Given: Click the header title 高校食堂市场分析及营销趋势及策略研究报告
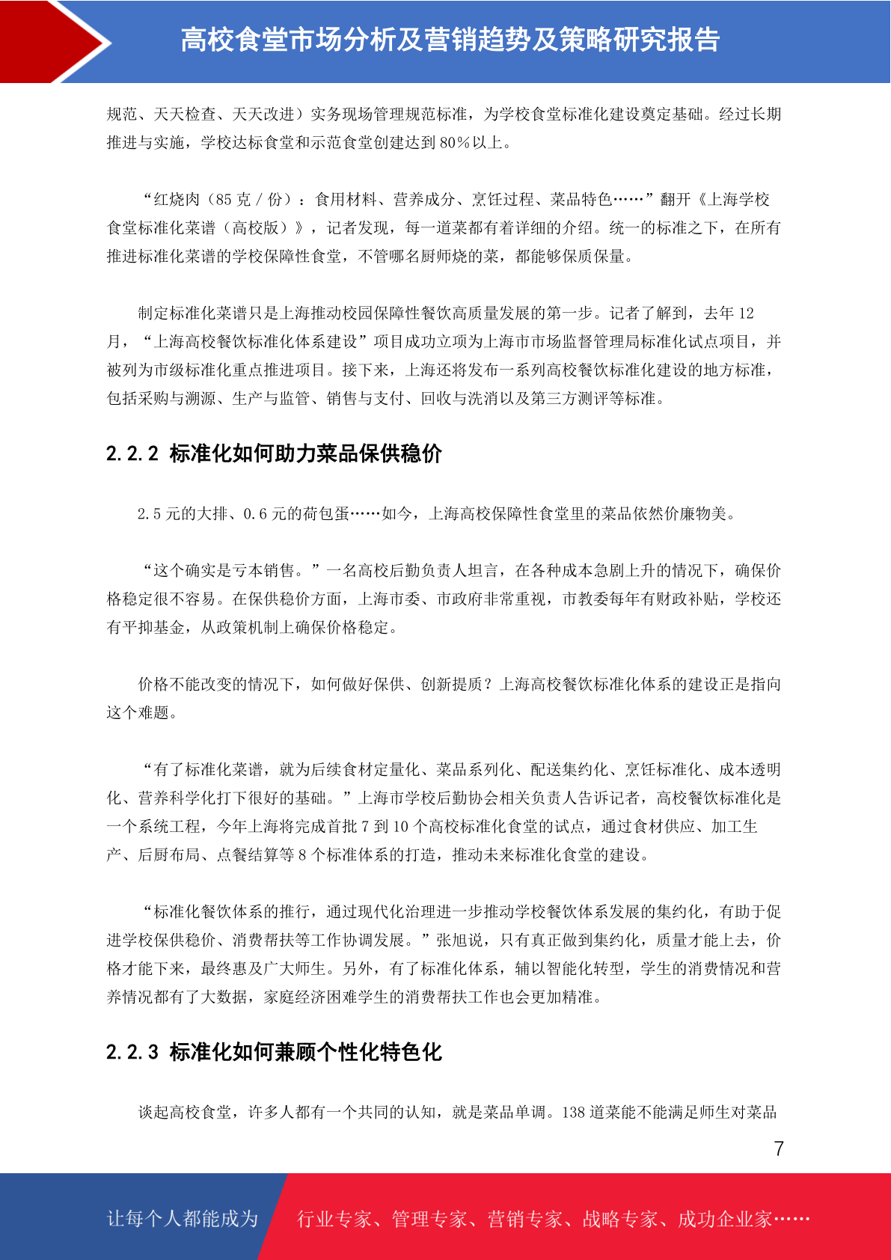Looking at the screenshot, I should point(450,40).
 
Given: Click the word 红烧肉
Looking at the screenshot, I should point(177,200).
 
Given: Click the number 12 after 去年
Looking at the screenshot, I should point(746,314).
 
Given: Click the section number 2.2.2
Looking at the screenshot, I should point(132,454).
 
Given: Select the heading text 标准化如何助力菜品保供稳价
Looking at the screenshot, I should point(306,454).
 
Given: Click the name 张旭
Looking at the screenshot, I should point(452,941).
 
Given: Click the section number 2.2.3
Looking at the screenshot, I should point(132,1053).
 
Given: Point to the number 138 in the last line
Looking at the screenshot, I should point(574,1113).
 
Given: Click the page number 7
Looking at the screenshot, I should point(779,1149).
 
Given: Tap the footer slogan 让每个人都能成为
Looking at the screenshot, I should point(183,1219).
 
